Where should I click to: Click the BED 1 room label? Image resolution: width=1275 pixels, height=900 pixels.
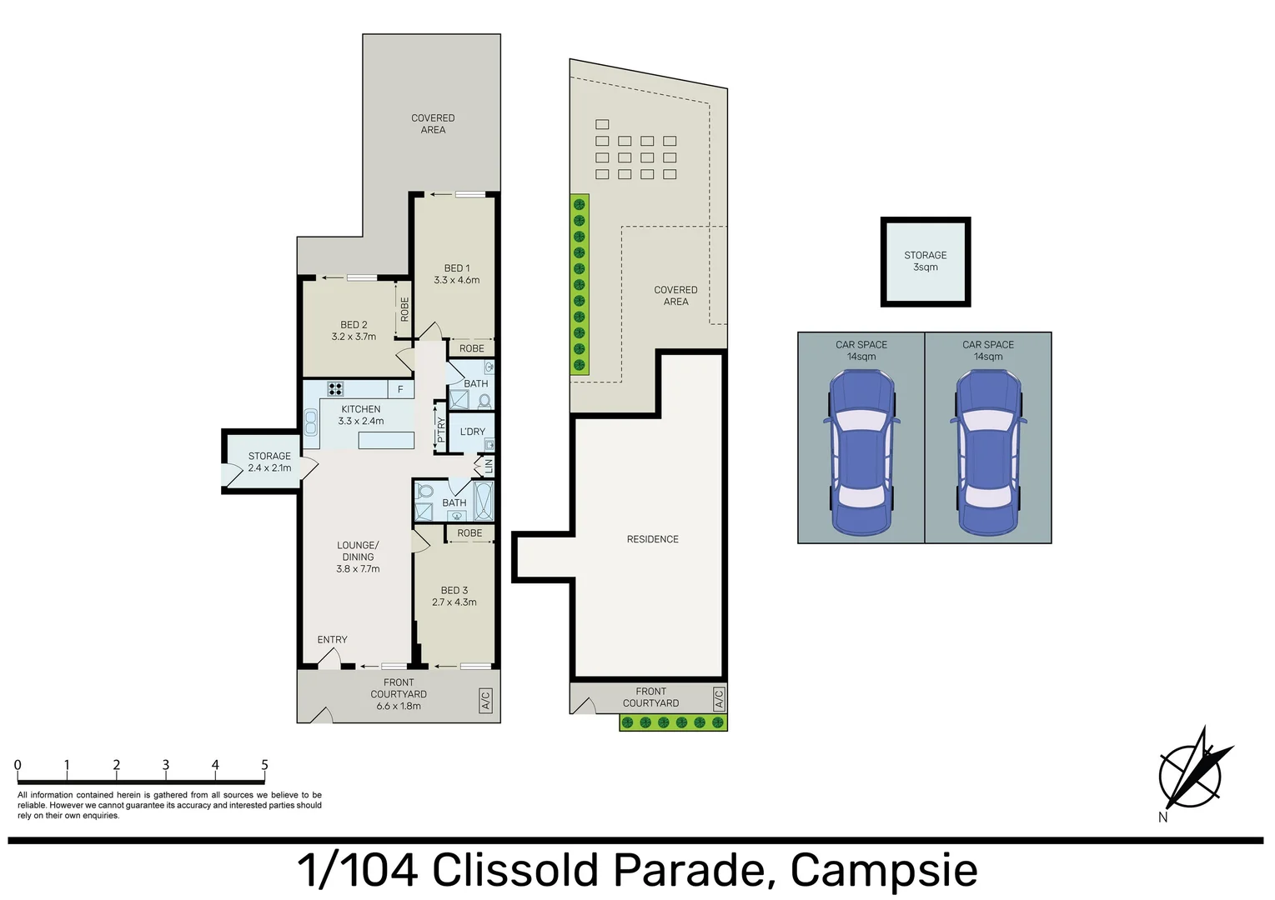[x=456, y=268]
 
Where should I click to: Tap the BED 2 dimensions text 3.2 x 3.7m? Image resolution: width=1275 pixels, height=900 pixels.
[x=354, y=337]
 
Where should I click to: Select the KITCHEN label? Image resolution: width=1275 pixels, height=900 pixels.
[x=360, y=409]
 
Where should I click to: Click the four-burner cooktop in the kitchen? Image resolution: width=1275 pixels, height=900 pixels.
[x=335, y=388]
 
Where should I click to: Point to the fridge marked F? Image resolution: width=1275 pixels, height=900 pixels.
[x=400, y=389]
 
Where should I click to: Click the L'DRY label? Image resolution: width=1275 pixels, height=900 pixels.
[x=472, y=432]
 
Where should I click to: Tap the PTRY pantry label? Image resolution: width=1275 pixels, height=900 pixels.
[x=441, y=429]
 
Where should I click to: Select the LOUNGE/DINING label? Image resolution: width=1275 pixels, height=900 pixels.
[x=358, y=551]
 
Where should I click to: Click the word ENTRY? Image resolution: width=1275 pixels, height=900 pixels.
[x=332, y=640]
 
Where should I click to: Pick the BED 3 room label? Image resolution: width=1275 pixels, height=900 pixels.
[x=454, y=590]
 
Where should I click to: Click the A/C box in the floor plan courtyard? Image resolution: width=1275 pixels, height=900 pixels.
[x=485, y=700]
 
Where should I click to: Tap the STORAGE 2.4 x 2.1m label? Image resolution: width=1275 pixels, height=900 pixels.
[x=269, y=462]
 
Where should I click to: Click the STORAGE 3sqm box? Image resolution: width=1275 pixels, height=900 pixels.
[x=926, y=262]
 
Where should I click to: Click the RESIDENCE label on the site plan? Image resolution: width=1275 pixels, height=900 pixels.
[x=652, y=539]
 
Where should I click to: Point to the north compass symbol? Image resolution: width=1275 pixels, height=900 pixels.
[x=1192, y=772]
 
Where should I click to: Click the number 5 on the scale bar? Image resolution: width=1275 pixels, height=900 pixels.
[x=264, y=765]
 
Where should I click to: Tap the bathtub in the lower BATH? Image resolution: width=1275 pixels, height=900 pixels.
[x=484, y=502]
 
